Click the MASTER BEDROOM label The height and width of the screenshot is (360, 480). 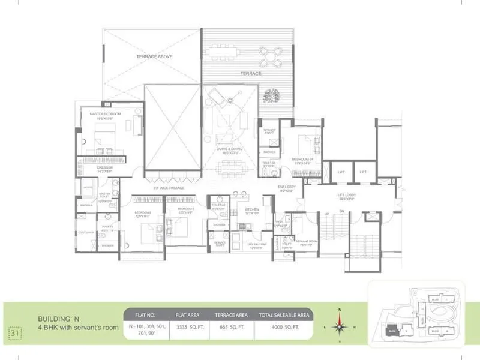pos(106,113)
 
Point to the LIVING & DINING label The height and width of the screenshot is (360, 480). pos(230,151)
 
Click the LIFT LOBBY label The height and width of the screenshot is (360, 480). pos(347,196)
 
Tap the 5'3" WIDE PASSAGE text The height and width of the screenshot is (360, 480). pos(169,188)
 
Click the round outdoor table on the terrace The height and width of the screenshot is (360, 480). pos(272,58)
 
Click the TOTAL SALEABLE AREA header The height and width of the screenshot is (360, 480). pos(284,314)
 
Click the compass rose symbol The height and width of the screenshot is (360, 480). pos(340,327)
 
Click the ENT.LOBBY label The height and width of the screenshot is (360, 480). pos(285,188)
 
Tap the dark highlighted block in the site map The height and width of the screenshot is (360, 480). pos(391,329)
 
